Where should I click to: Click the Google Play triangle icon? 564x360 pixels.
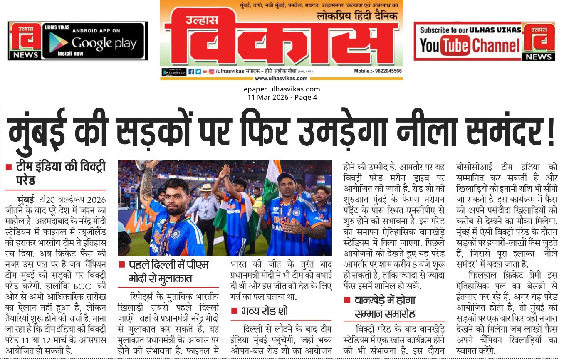coord(58,42)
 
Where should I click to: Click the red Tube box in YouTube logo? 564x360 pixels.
coord(455,45)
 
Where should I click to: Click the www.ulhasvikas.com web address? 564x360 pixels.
coord(281,78)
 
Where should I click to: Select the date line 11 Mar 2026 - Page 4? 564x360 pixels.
coord(282,97)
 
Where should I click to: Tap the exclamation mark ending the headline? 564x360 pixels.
coord(551,131)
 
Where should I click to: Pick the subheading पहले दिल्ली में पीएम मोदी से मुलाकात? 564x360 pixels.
coord(169,271)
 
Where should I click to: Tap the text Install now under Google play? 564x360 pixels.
coord(70,54)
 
